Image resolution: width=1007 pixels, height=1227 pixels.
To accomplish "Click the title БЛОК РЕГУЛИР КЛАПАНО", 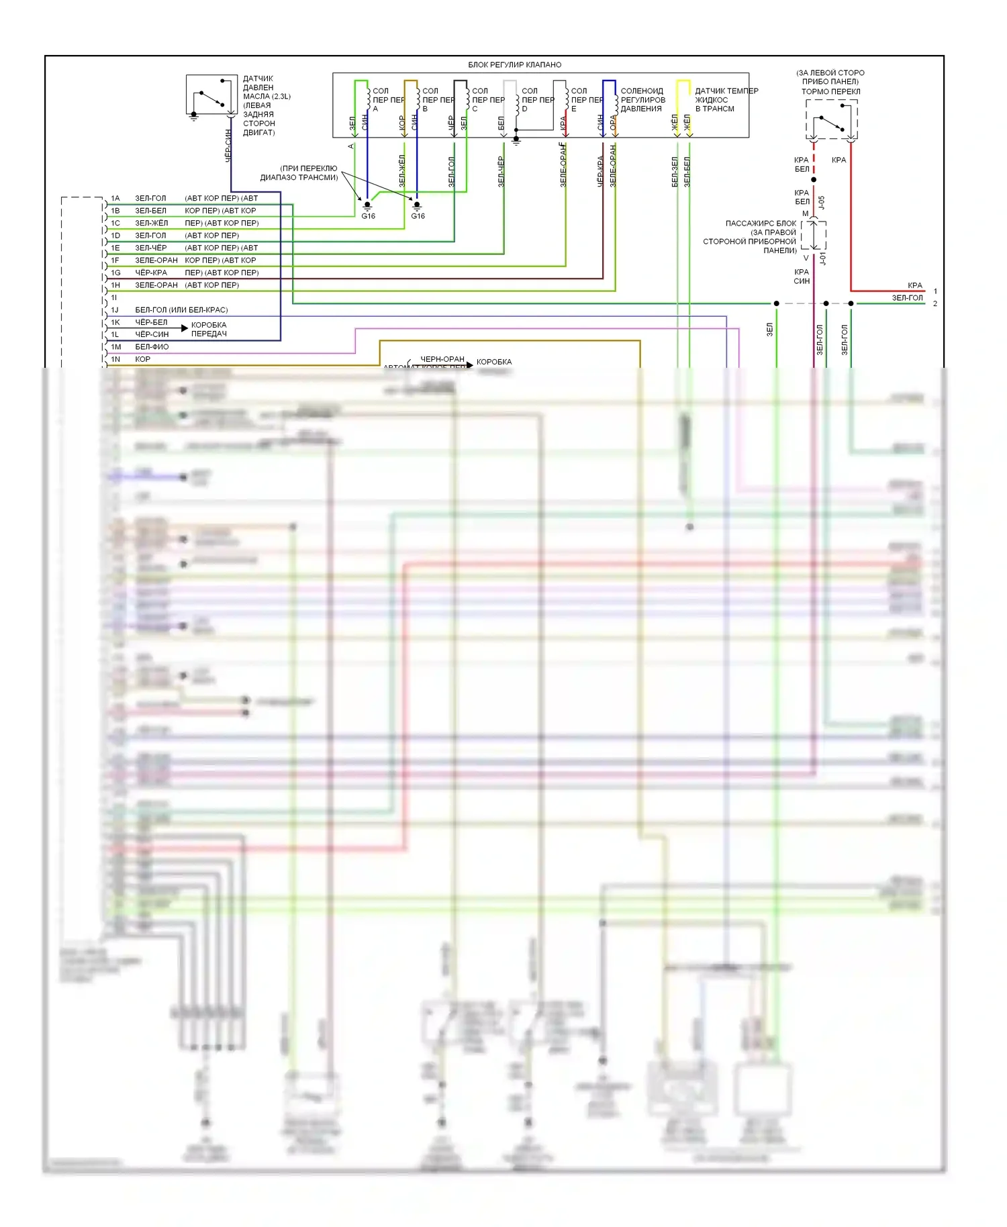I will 514,65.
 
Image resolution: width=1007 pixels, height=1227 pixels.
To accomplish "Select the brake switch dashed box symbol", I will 831,119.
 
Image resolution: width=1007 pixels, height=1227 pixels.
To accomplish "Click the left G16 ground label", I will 368,216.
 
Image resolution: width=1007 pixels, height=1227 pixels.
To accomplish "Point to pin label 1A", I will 115,199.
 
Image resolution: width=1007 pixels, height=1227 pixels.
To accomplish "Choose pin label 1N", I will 115,360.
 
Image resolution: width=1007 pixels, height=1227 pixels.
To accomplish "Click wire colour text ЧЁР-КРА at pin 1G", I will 151,273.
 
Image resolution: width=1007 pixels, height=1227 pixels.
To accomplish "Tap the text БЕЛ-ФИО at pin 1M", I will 152,347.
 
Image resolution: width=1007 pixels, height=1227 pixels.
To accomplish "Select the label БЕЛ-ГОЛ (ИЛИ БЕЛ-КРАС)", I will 181,310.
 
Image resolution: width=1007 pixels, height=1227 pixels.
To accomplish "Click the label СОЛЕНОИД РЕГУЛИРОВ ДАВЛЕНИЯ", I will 642,100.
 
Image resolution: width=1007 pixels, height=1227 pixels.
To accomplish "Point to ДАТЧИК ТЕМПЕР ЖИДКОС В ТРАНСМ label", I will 726,100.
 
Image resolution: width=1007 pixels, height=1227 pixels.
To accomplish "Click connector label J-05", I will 822,202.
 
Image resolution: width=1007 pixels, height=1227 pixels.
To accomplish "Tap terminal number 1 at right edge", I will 935,291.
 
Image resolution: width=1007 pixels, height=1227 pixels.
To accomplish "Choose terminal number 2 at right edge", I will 935,304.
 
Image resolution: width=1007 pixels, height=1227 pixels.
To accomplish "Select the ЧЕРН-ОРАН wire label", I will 442,359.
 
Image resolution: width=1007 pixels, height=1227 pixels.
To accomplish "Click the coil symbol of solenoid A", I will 368,99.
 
